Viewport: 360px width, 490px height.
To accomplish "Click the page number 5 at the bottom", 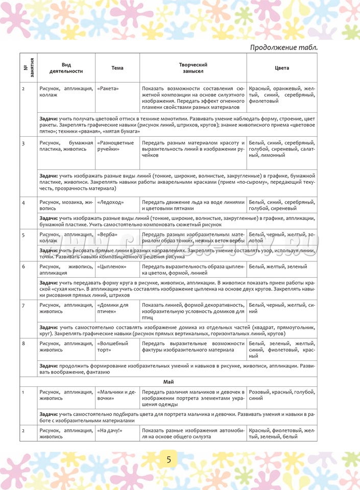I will (169, 459).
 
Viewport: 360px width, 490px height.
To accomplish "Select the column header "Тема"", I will (117, 68).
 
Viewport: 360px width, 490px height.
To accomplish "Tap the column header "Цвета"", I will (281, 68).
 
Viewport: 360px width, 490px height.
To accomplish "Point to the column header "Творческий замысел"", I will (193, 68).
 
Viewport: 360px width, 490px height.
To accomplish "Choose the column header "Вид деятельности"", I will (66, 68).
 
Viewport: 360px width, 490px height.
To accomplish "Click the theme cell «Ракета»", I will (108, 88).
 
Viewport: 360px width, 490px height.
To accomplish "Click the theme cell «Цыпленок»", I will (112, 266).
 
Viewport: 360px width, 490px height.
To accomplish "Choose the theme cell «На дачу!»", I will (109, 430).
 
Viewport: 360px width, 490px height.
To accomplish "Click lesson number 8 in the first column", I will (23, 344).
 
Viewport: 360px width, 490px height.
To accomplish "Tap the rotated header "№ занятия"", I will (29, 68).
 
